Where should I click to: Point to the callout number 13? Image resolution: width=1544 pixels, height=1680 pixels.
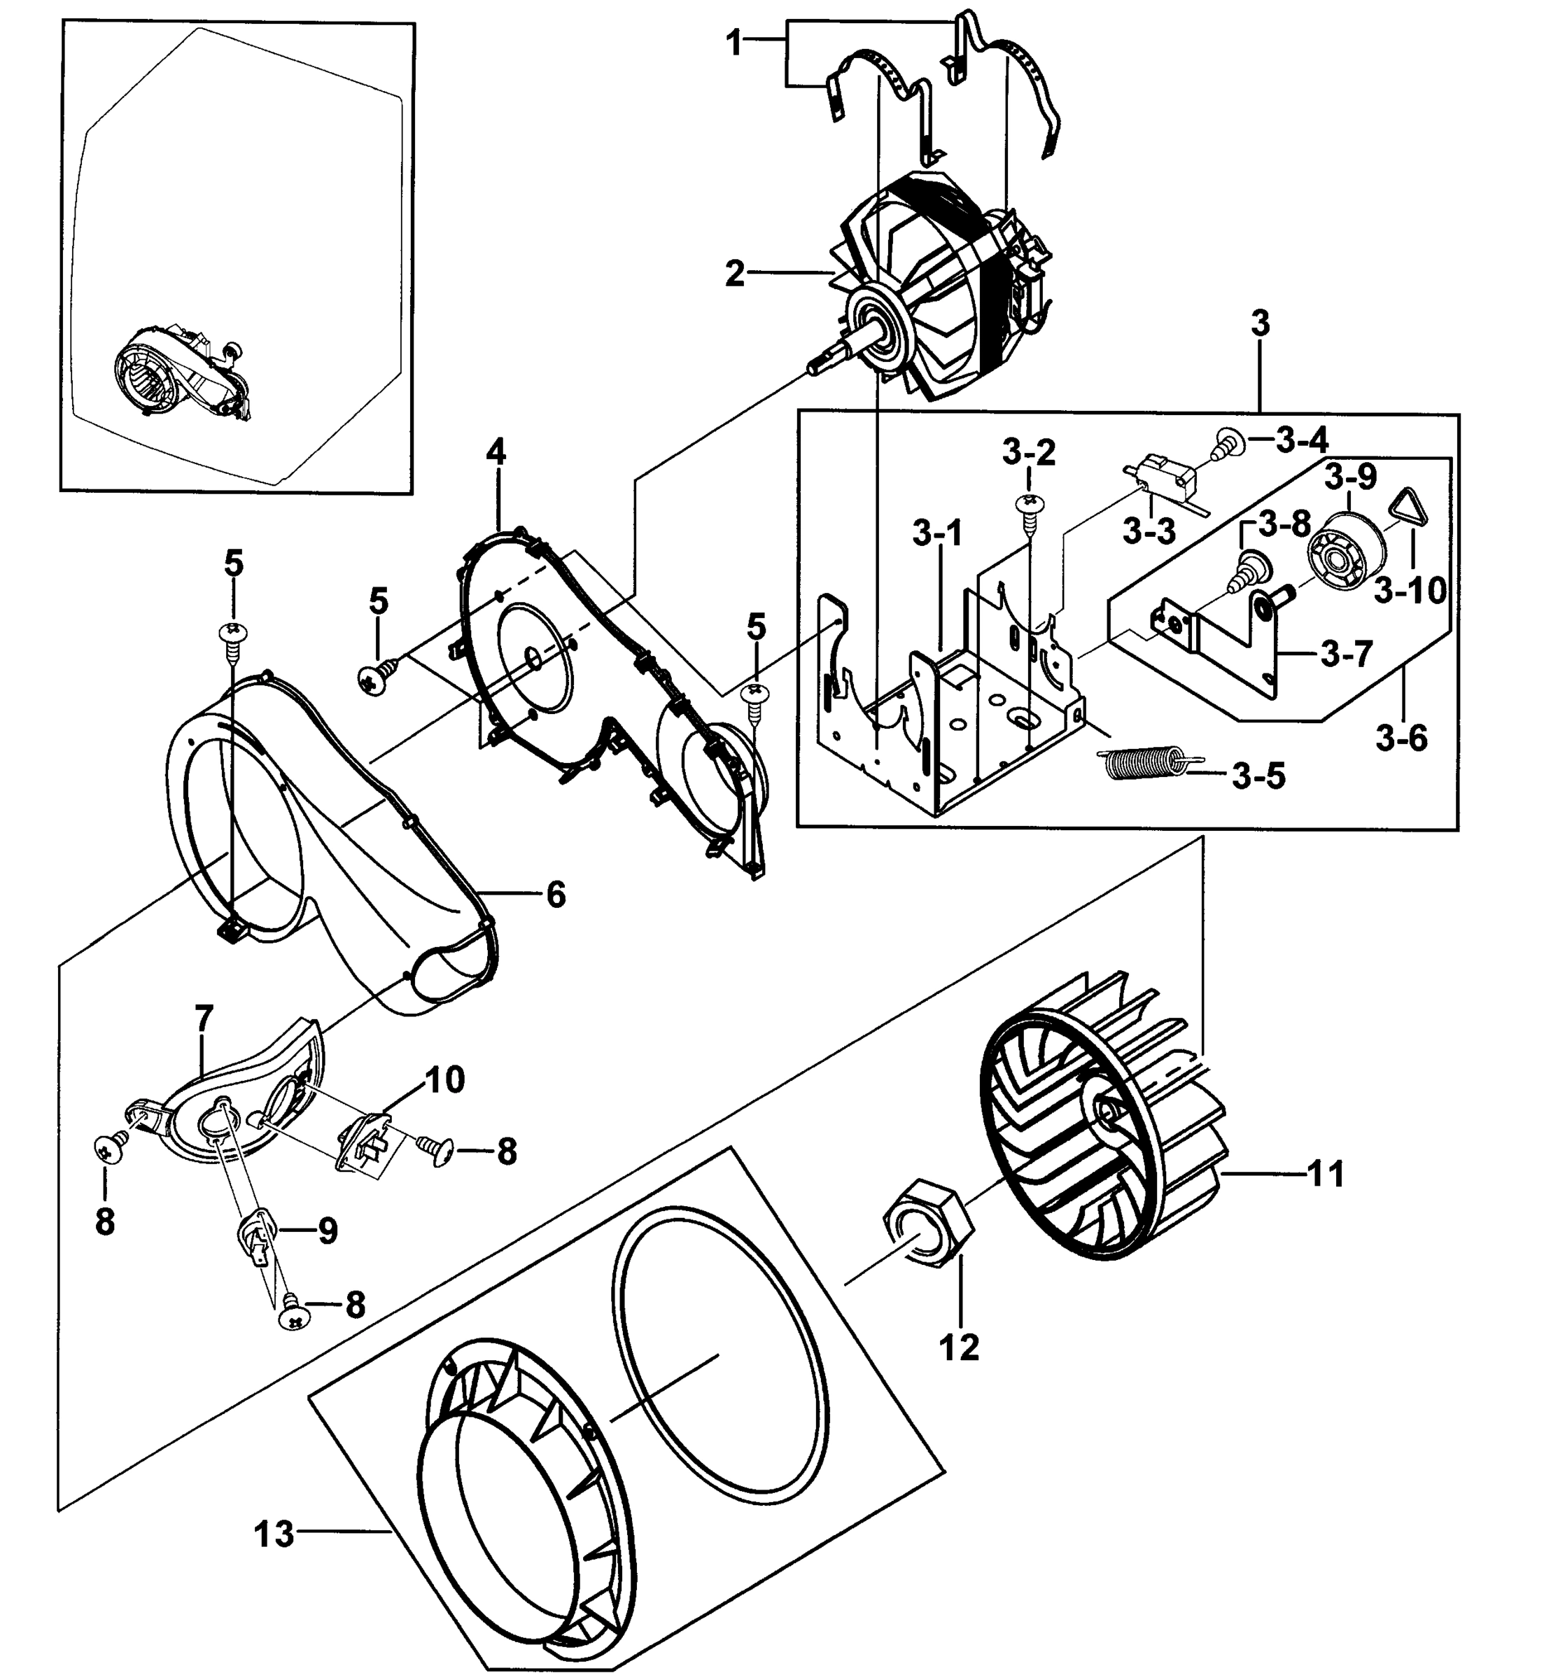tap(275, 1534)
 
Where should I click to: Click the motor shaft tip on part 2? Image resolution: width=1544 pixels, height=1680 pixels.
tap(816, 366)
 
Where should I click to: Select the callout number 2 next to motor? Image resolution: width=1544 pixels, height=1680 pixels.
tap(734, 273)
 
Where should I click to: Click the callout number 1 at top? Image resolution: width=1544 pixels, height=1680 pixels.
tap(734, 43)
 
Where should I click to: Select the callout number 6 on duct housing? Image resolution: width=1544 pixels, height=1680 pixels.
tap(556, 895)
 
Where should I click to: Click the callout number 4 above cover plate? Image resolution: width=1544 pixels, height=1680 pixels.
tap(496, 453)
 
